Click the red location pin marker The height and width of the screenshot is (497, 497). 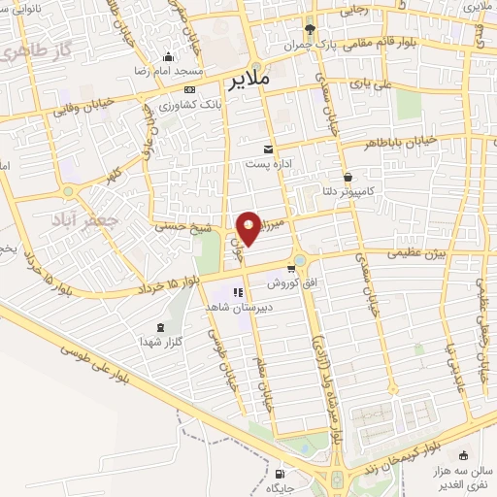248,227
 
